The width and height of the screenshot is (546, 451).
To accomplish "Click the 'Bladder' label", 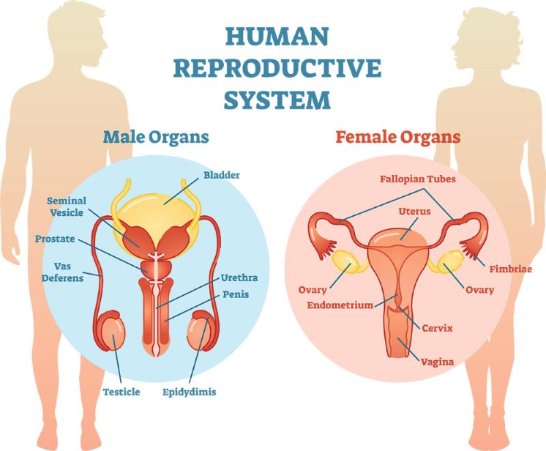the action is click(x=221, y=175).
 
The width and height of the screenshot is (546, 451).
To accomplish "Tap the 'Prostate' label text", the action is click(x=55, y=239).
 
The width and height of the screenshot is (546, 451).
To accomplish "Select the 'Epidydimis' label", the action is click(x=189, y=392).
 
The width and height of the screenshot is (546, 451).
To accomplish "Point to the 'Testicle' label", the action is click(x=121, y=392).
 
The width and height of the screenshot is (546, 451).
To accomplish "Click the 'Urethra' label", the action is click(x=240, y=278).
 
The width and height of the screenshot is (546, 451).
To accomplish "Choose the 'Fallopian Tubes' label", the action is click(x=418, y=179).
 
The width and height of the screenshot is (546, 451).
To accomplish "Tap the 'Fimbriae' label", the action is click(x=511, y=269).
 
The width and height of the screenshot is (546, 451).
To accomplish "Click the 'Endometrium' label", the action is click(x=340, y=305).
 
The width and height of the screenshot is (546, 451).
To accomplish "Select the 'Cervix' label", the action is click(x=437, y=328).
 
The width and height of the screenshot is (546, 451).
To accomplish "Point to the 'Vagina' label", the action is click(x=437, y=362).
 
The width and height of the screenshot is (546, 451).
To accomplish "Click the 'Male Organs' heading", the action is click(x=156, y=137).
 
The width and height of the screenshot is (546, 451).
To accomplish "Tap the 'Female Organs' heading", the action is click(x=398, y=137).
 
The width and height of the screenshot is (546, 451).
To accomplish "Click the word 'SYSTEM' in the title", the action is click(x=277, y=100).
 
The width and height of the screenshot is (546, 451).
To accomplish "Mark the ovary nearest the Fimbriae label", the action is click(x=451, y=262).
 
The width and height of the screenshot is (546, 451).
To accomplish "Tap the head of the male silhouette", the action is click(x=77, y=34).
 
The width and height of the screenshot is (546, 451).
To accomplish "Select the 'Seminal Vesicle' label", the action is click(x=66, y=206).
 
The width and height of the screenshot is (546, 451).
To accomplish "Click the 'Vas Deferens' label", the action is click(x=63, y=273).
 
